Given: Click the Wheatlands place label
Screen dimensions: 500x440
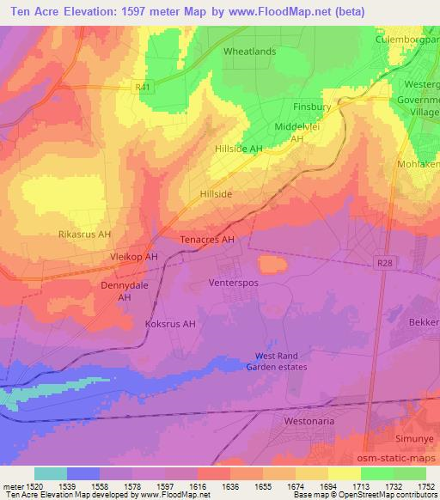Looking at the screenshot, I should (x=249, y=52).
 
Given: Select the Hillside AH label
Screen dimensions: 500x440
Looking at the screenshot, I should (x=238, y=149).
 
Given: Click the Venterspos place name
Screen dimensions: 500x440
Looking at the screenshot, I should (x=234, y=282).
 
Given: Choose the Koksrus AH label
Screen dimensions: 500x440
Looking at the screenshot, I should (x=171, y=324).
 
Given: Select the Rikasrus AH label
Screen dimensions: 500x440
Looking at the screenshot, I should (x=85, y=234).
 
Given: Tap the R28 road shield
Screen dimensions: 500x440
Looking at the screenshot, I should (x=383, y=264).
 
